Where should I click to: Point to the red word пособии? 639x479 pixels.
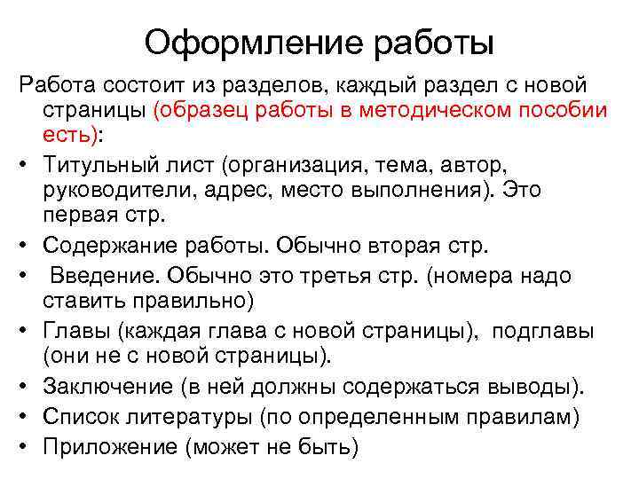point(563,112)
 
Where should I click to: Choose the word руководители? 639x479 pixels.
point(114,189)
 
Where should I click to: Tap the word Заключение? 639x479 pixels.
point(106,387)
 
